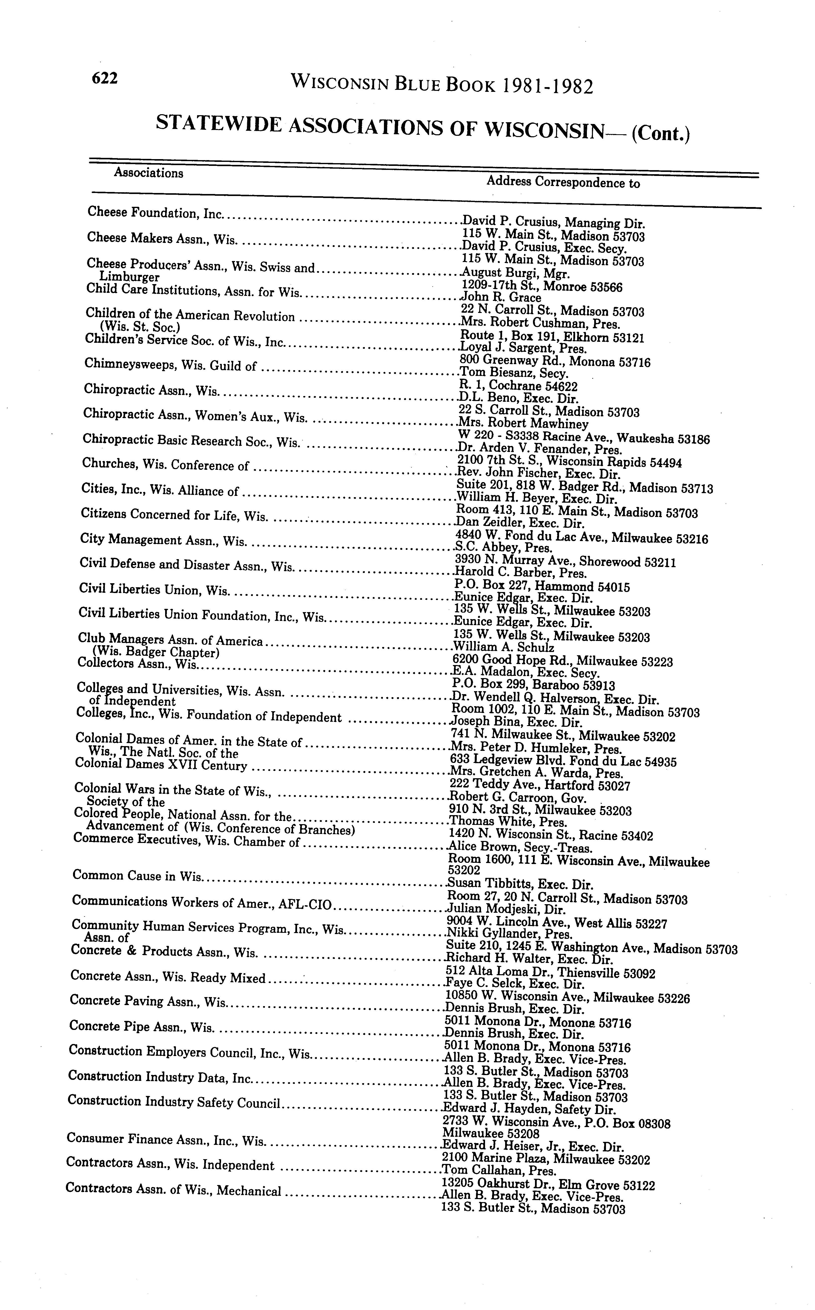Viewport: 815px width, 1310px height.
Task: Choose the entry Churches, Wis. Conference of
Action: pyautogui.click(x=166, y=464)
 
